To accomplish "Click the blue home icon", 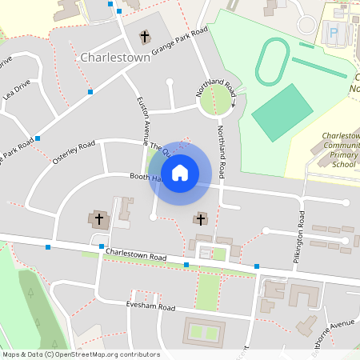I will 180,173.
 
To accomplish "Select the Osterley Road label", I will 74,152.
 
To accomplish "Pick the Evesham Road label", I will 150,306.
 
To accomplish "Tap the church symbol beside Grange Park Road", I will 145,37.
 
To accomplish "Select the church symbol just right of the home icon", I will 200,218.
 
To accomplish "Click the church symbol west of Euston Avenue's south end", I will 99,218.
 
